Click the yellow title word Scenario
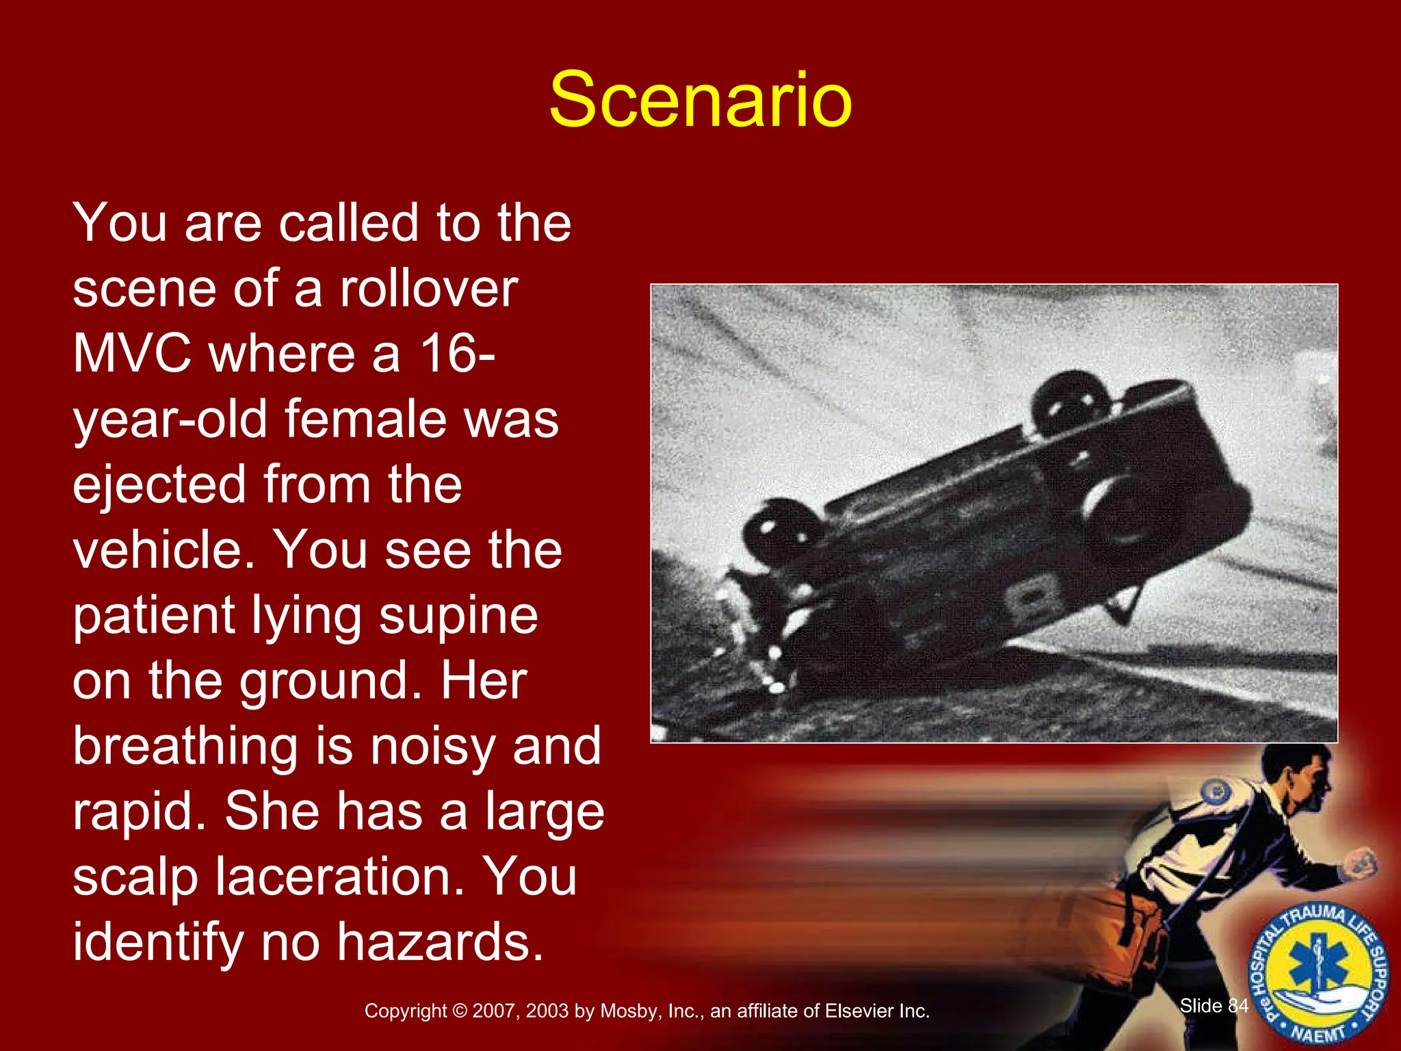[x=700, y=100]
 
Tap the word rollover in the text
[x=429, y=289]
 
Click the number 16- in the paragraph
[x=457, y=354]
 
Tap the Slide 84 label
[x=1214, y=1006]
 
